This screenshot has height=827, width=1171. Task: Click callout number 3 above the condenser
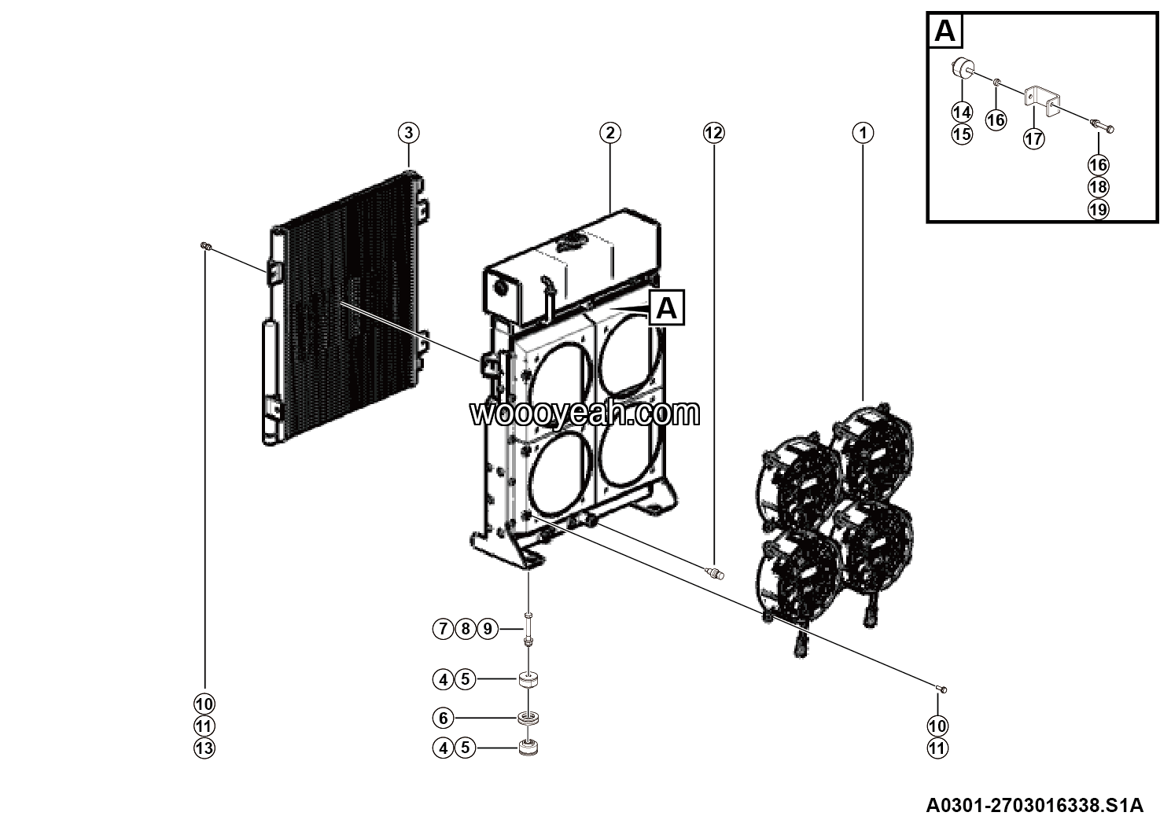pyautogui.click(x=408, y=133)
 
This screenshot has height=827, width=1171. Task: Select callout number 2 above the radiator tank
pyautogui.click(x=610, y=133)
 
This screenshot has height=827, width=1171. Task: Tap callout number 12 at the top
pyautogui.click(x=713, y=133)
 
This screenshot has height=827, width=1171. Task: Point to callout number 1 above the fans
pyautogui.click(x=863, y=133)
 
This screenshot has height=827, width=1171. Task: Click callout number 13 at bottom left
pyautogui.click(x=204, y=748)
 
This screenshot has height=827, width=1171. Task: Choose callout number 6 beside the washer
pyautogui.click(x=444, y=718)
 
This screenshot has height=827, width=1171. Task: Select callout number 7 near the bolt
pyautogui.click(x=444, y=629)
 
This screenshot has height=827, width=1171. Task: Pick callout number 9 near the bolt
pyautogui.click(x=488, y=629)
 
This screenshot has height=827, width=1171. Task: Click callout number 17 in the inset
pyautogui.click(x=1033, y=139)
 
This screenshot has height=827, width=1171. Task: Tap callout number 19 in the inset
pyautogui.click(x=1098, y=209)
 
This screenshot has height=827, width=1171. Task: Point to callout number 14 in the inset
pyautogui.click(x=961, y=112)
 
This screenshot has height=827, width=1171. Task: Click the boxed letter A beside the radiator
pyautogui.click(x=666, y=307)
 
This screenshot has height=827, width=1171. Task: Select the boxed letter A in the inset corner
pyautogui.click(x=945, y=31)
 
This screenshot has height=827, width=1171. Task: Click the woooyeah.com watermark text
pyautogui.click(x=585, y=413)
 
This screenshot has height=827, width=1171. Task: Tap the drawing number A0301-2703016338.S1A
pyautogui.click(x=1033, y=806)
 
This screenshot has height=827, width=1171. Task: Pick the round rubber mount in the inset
pyautogui.click(x=960, y=69)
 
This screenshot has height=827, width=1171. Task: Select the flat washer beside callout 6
pyautogui.click(x=527, y=718)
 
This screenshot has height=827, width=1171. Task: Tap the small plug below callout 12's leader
pyautogui.click(x=714, y=572)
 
